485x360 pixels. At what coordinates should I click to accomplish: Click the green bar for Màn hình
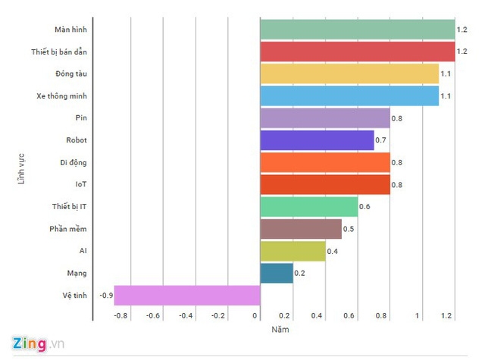(x=357, y=30)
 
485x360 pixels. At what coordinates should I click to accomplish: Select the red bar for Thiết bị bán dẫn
(x=357, y=52)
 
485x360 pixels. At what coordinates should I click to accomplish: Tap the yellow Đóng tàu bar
(x=349, y=74)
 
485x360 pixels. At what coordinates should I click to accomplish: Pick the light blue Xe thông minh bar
(x=349, y=95)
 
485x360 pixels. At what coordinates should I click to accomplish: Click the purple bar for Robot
(x=317, y=140)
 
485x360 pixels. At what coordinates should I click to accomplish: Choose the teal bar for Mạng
(x=277, y=273)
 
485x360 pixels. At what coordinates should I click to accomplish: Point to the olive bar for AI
(x=293, y=251)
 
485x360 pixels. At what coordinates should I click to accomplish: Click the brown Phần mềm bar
(x=301, y=229)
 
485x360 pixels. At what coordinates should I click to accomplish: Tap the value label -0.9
(x=106, y=295)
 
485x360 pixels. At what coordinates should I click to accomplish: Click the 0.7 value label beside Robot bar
(x=381, y=140)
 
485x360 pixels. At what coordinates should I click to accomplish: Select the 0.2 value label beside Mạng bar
(x=300, y=273)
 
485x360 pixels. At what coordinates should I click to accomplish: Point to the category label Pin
(x=81, y=117)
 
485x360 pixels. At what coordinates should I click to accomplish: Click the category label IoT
(x=80, y=184)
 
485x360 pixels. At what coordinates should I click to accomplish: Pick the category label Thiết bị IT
(x=69, y=206)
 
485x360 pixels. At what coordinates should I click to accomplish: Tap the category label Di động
(x=74, y=162)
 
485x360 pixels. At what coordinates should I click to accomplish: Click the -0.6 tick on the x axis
(x=153, y=316)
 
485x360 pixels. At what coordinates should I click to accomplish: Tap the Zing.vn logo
(x=34, y=343)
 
